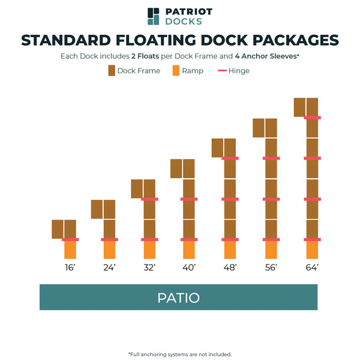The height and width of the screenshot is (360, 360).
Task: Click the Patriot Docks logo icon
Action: pyautogui.click(x=154, y=16)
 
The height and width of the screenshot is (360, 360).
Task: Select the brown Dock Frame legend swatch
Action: pyautogui.click(x=112, y=71)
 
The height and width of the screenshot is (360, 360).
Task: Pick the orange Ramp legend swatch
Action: pyautogui.click(x=176, y=71)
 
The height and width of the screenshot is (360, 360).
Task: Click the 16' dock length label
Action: pyautogui.click(x=70, y=268)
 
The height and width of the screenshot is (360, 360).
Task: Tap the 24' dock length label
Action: pyautogui.click(x=109, y=268)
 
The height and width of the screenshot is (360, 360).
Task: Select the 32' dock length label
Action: pyautogui.click(x=149, y=268)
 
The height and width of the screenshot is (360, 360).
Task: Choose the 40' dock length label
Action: pyautogui.click(x=189, y=268)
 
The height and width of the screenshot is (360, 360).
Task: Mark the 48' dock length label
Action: pyautogui.click(x=230, y=268)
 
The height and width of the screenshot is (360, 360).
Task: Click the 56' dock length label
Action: pyautogui.click(x=271, y=268)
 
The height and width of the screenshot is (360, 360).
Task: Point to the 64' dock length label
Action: pyautogui.click(x=311, y=268)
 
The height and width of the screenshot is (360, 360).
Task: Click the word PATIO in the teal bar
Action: pyautogui.click(x=178, y=298)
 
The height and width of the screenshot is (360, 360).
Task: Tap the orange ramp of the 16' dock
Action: pyautogui.click(x=70, y=250)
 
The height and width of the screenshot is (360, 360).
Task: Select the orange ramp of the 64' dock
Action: pyautogui.click(x=311, y=250)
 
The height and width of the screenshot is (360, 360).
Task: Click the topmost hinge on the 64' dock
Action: pyautogui.click(x=311, y=118)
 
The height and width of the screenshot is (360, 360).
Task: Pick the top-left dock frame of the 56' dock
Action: pyautogui.click(x=259, y=128)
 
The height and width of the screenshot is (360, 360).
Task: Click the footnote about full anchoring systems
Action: pyautogui.click(x=180, y=354)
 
